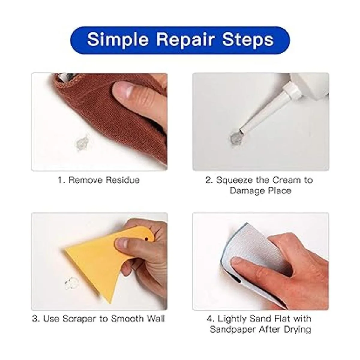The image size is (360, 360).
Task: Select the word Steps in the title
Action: pos(248,40)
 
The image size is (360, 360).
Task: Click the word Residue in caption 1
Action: pos(123,180)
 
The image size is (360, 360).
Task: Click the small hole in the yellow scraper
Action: pos(146,239)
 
